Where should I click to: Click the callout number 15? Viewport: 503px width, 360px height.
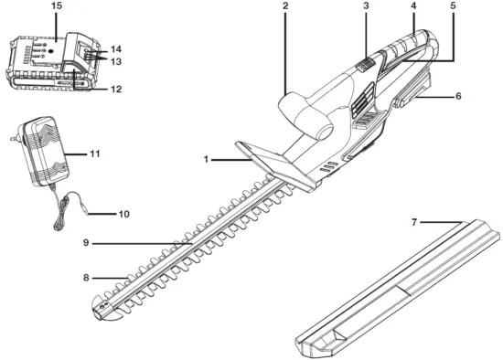coord(57,6)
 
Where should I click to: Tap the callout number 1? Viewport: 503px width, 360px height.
coord(207,159)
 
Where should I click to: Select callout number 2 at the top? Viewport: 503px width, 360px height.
coord(285,6)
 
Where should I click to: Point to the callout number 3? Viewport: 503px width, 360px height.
coord(366,6)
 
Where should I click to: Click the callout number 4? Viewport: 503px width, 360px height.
coord(413,6)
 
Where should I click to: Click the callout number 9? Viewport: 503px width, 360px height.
coord(85,243)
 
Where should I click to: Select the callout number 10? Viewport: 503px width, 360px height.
coord(124,214)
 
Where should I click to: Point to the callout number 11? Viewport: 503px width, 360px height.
coord(120,154)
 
